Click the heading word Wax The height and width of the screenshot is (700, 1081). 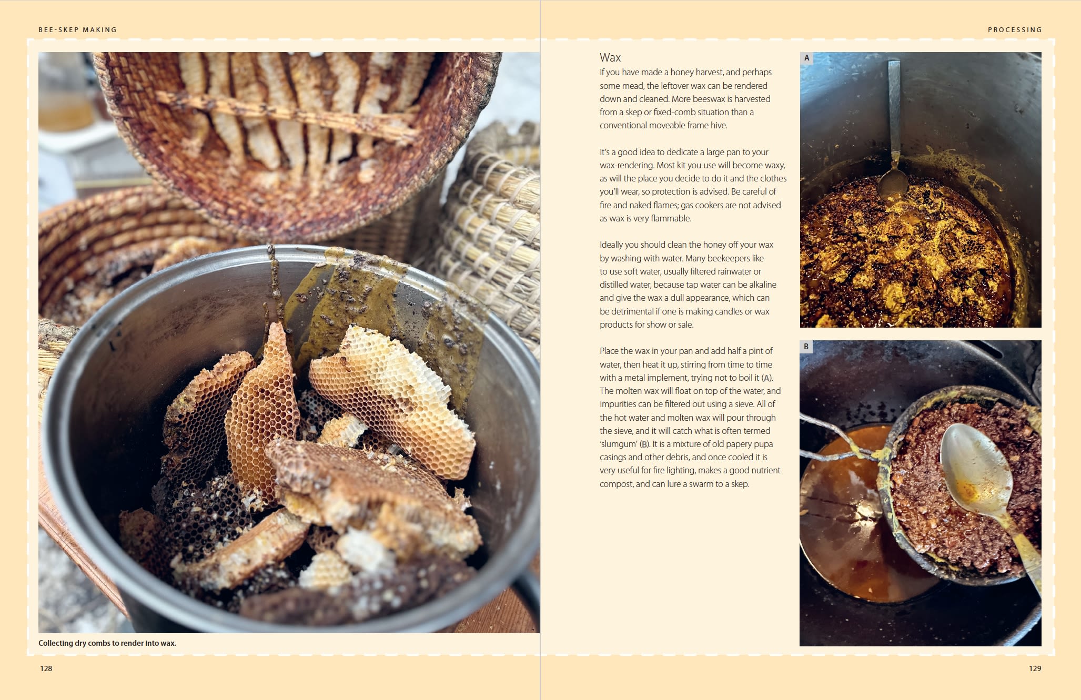point(610,57)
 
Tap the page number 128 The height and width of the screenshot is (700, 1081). point(46,668)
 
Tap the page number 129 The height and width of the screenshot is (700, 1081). point(1035,668)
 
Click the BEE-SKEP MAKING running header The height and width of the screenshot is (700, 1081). point(78,30)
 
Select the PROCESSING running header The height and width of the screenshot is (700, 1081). point(1015,30)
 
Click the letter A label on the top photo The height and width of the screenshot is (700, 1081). point(806,58)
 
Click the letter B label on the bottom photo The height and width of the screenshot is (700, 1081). point(806,347)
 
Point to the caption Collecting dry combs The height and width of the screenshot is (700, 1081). point(107,643)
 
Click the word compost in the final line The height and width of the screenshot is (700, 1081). point(616,484)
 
